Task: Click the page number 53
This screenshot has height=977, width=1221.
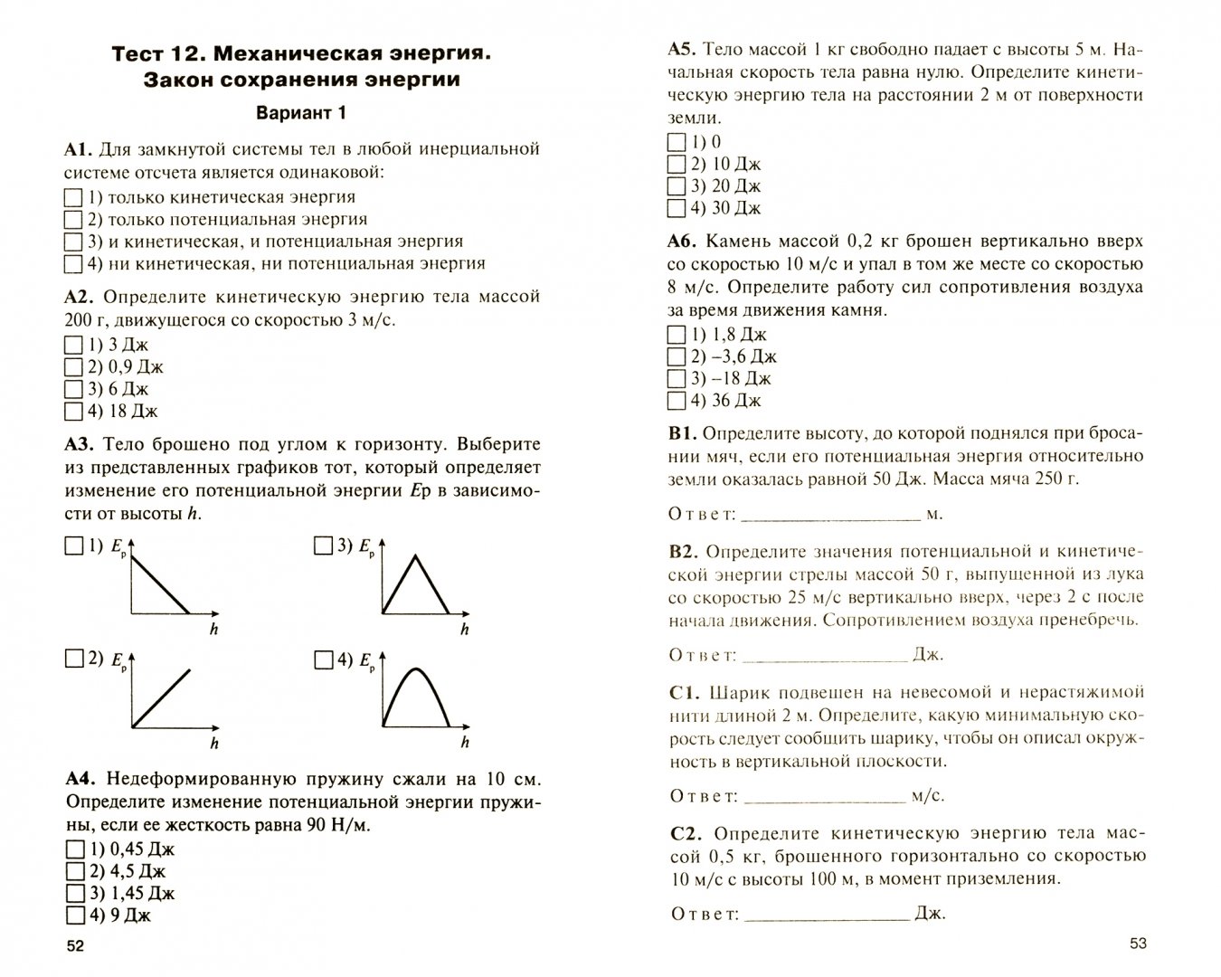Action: [x=1138, y=944]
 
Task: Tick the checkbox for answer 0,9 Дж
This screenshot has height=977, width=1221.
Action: [x=73, y=367]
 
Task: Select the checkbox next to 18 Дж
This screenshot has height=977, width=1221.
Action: [x=73, y=412]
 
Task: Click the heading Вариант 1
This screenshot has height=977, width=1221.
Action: [x=301, y=113]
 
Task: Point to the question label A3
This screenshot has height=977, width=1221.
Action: [x=80, y=444]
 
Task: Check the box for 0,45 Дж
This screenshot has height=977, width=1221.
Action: [x=73, y=849]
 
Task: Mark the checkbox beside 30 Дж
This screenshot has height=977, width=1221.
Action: [x=676, y=208]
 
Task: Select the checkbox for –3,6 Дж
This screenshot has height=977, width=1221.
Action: [x=676, y=356]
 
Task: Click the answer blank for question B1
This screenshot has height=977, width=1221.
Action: [x=829, y=514]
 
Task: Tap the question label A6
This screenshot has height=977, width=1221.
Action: [x=681, y=242]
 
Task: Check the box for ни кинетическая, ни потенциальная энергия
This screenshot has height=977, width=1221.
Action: [x=73, y=264]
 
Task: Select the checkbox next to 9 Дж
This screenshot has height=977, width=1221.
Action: [x=73, y=915]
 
